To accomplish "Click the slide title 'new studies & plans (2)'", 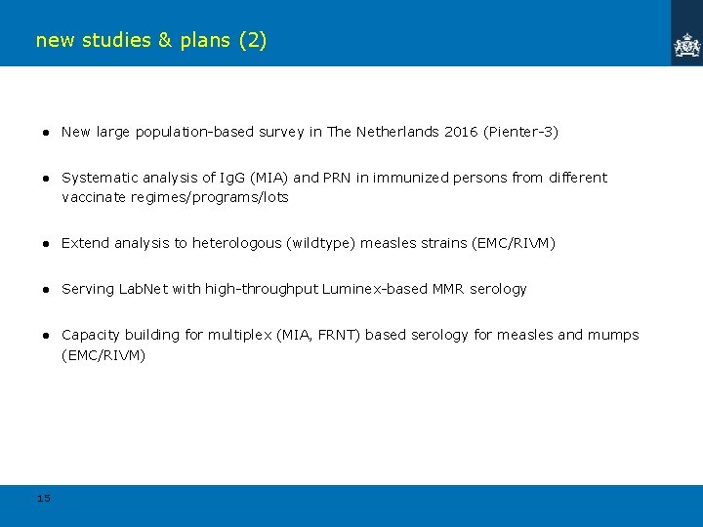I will tap(150, 40).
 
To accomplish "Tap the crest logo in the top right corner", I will tap(687, 45).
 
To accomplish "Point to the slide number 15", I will tap(43, 499).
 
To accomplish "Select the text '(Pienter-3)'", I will tap(520, 132).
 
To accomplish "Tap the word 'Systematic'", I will tap(94, 178).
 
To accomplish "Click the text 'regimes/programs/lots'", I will tap(223, 197).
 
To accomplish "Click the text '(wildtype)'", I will tap(321, 243).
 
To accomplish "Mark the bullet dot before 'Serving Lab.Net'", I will tap(45, 289).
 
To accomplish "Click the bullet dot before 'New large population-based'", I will tap(45, 132).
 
